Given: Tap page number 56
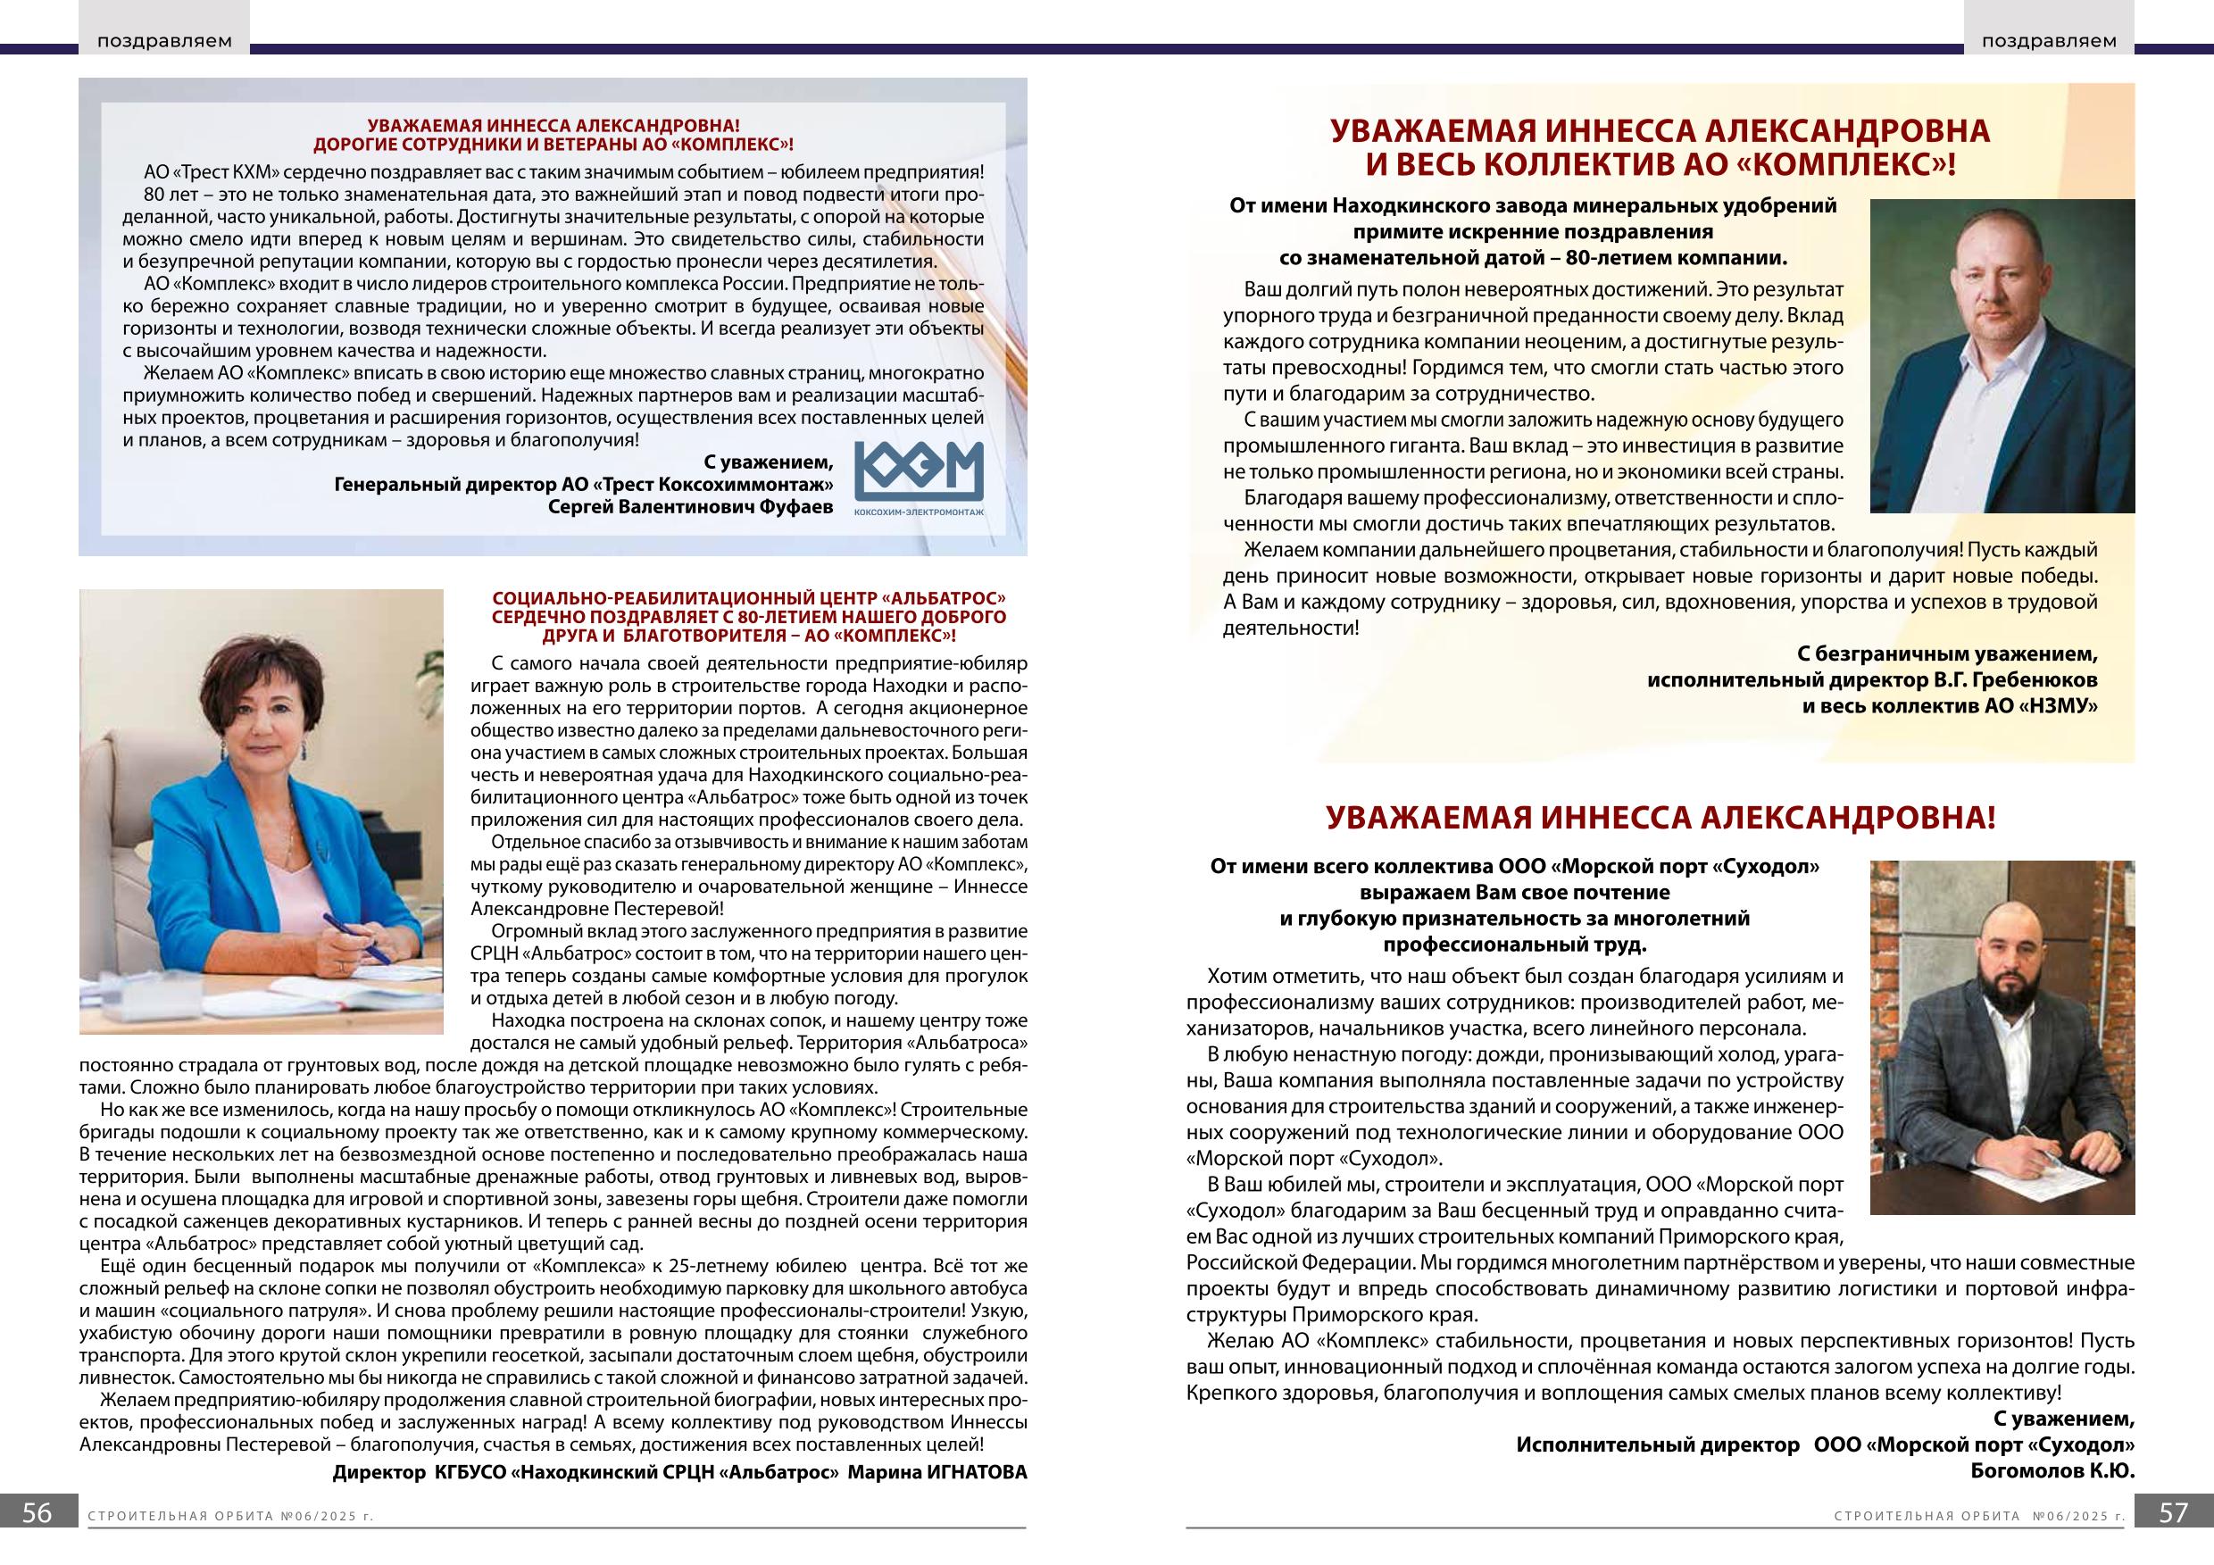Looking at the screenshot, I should pos(37,1540).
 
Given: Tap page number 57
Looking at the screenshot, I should pos(2174,1540).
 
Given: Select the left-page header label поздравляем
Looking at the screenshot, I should pos(164,41).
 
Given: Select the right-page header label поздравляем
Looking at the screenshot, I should pos(2049,41).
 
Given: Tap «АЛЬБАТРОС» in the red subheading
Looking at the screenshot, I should pos(945,598).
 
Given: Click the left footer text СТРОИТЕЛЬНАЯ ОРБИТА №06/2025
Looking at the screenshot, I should pos(229,1543).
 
